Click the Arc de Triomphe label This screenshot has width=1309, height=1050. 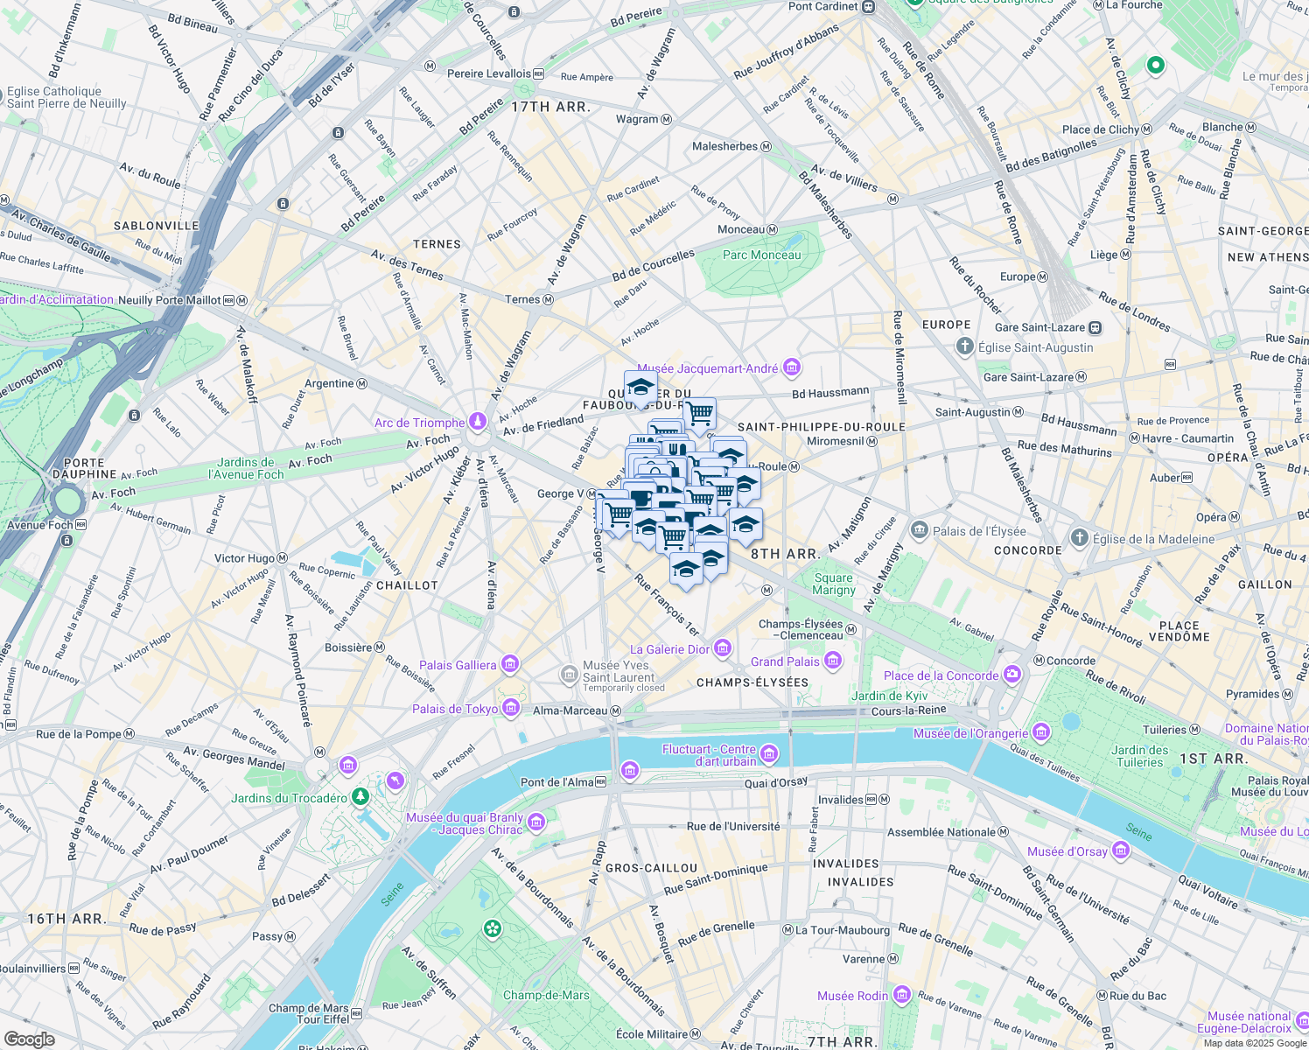[x=419, y=423]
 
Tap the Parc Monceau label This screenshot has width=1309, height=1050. [x=761, y=255]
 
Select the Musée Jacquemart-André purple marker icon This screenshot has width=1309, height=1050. [x=792, y=367]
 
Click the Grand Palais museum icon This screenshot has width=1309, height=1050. [x=833, y=661]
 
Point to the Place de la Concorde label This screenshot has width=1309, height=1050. [x=941, y=675]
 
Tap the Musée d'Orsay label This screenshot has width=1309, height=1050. [x=1067, y=851]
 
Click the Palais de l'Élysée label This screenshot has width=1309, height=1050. [x=979, y=531]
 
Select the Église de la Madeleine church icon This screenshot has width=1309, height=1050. [x=1080, y=537]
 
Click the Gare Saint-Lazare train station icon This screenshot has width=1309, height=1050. [x=1095, y=327]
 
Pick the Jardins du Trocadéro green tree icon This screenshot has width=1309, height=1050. [x=360, y=796]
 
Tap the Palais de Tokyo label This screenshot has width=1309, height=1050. [x=455, y=709]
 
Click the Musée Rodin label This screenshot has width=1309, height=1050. [x=852, y=996]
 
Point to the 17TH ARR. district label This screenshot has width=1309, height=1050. [x=550, y=107]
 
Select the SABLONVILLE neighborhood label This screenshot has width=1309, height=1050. [x=157, y=226]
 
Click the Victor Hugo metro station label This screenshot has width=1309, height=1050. [x=245, y=558]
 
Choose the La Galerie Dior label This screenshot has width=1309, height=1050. [x=669, y=649]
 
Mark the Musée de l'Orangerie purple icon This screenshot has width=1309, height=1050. [x=1040, y=731]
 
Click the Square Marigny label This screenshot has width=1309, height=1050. [x=833, y=584]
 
